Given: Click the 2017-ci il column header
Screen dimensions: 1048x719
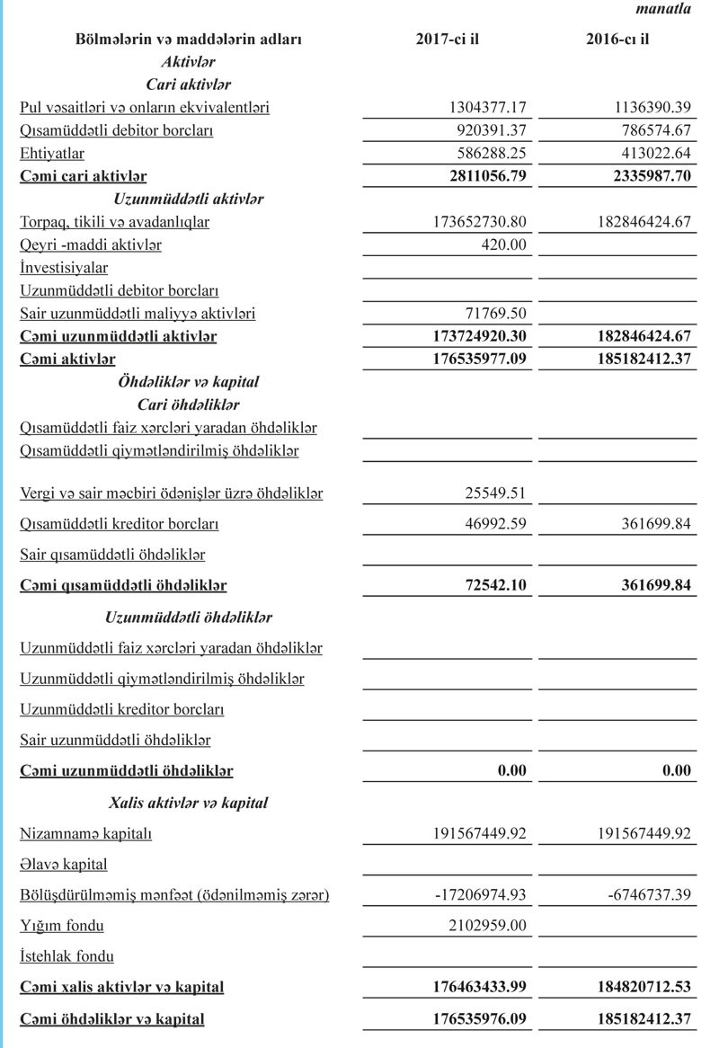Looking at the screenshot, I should pyautogui.click(x=447, y=40).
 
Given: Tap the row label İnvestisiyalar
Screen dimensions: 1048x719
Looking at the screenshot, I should pyautogui.click(x=64, y=268).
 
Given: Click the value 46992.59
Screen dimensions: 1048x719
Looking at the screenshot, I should pyautogui.click(x=493, y=524).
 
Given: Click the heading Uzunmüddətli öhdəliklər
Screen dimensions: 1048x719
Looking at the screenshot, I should pyautogui.click(x=189, y=618).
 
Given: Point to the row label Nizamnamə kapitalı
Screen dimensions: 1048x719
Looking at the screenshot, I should pyautogui.click(x=86, y=833).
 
